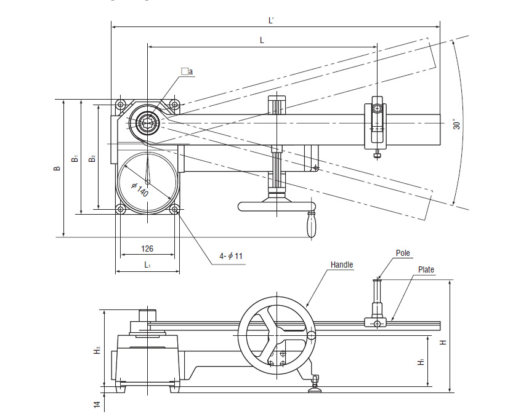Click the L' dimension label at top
tap(271, 20)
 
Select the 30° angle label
tap(456, 124)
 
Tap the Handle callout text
tap(342, 265)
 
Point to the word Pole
tap(403, 253)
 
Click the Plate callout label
tap(426, 269)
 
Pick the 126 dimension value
tap(147, 249)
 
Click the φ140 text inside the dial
tap(140, 189)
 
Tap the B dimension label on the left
tap(57, 168)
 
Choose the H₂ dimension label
tap(97, 351)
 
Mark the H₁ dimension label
tap(421, 362)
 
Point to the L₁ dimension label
tap(148, 265)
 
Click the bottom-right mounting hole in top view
tap(176, 210)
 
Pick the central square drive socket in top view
tap(148, 122)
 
